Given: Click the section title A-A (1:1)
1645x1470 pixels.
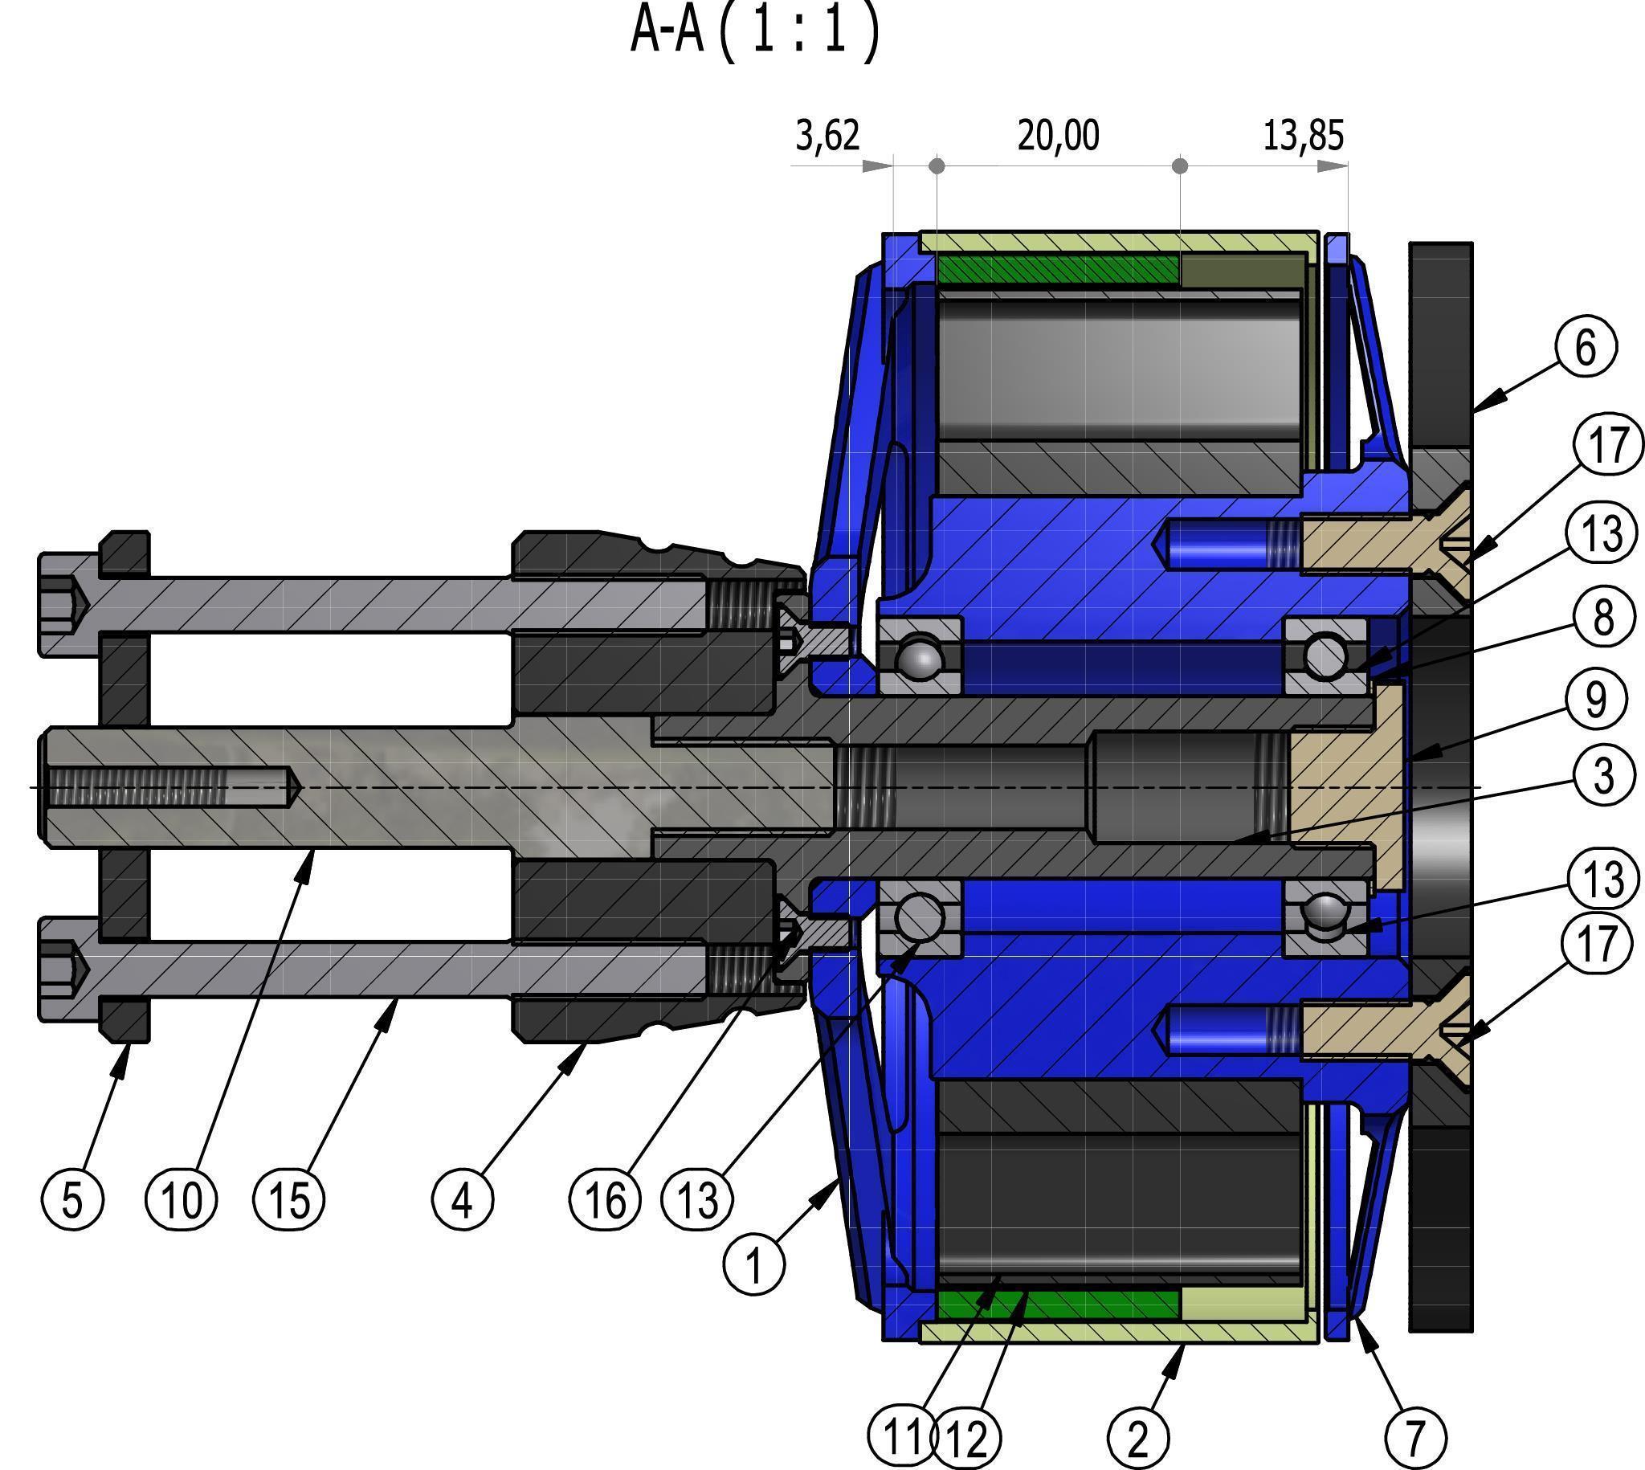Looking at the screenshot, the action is [755, 32].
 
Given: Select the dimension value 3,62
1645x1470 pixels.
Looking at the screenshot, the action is [828, 135].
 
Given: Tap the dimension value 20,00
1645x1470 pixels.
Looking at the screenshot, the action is [1058, 135].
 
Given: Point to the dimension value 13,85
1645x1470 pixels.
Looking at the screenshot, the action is [1304, 135].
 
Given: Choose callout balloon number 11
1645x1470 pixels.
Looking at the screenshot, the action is [901, 1436].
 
